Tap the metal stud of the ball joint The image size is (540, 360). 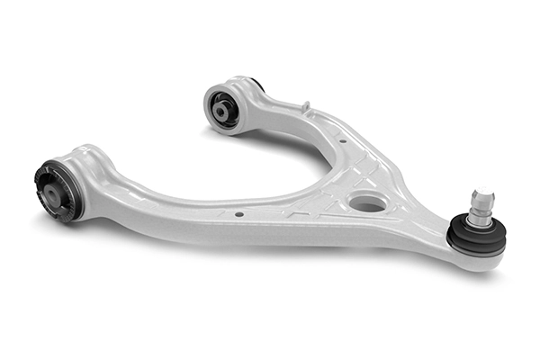[481, 208]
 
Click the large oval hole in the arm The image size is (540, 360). [368, 203]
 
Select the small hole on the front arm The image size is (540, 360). [238, 214]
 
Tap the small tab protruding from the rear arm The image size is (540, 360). [306, 108]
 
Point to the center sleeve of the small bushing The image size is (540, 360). [221, 111]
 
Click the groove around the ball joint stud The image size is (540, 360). [482, 202]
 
